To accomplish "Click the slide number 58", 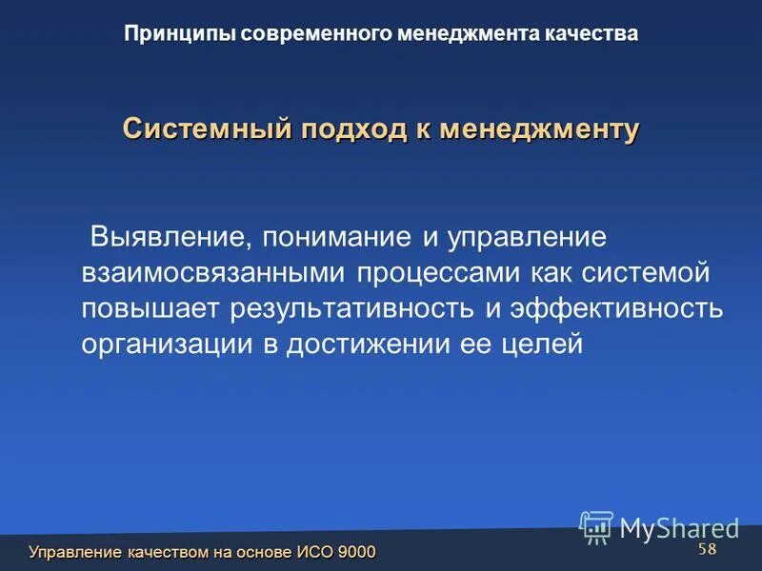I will click(707, 550).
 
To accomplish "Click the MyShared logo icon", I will click(596, 527).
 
